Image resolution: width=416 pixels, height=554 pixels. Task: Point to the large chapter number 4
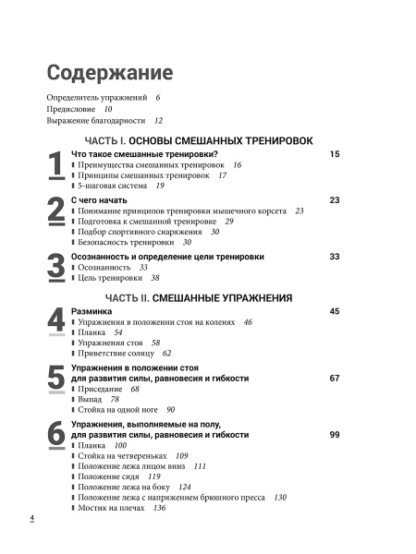click(55, 327)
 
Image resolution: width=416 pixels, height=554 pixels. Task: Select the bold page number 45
click(335, 311)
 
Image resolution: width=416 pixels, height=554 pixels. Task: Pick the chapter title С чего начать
click(99, 199)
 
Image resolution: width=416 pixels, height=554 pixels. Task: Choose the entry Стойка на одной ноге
click(116, 409)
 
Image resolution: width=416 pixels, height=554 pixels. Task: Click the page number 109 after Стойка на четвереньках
click(181, 455)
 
